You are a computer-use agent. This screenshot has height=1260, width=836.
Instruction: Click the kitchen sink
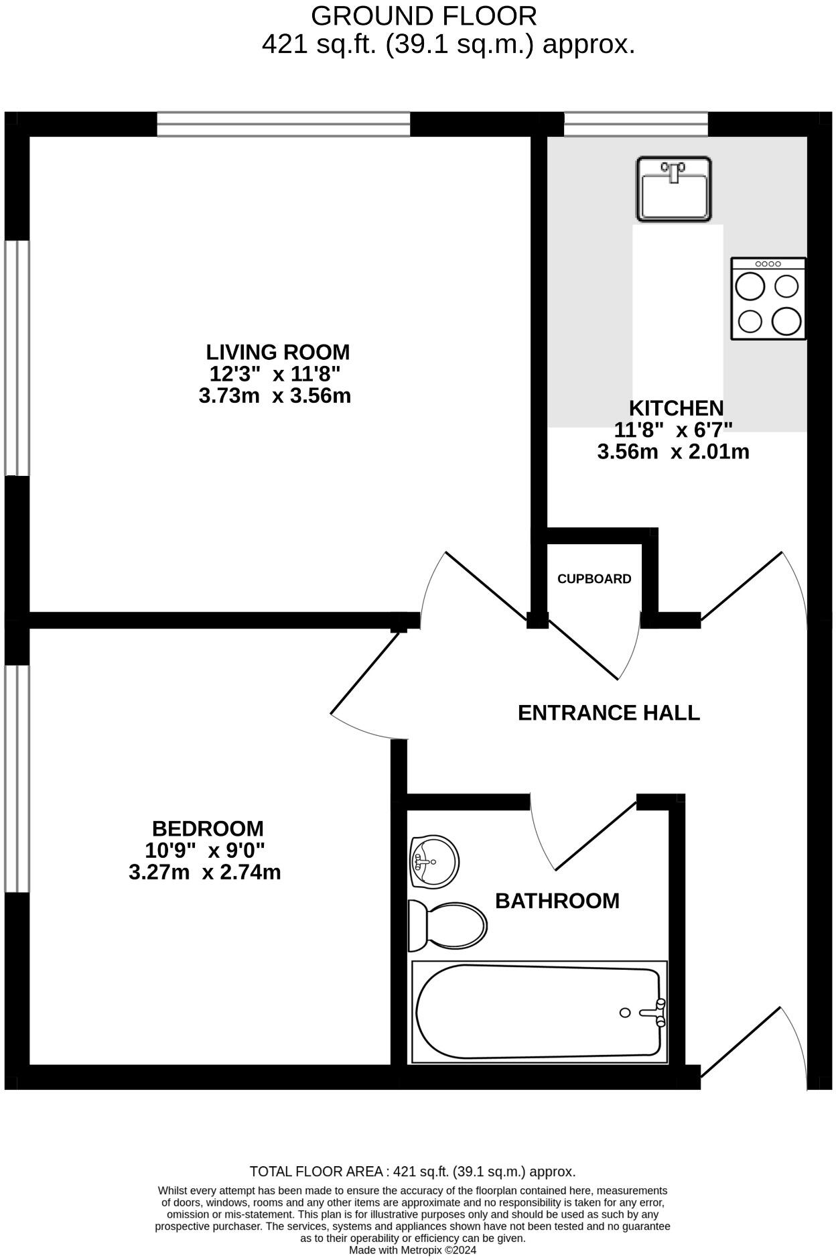(673, 189)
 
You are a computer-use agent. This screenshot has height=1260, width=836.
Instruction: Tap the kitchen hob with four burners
(768, 298)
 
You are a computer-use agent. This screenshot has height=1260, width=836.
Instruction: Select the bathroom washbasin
(434, 861)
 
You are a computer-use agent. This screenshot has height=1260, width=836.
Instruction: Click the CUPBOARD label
(594, 578)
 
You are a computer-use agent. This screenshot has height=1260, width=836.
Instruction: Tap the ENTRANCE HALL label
(608, 712)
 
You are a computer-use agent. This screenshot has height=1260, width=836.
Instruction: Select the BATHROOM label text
(557, 901)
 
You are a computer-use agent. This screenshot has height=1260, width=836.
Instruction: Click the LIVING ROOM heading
(277, 352)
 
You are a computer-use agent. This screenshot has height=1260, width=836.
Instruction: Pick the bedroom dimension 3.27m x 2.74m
(204, 872)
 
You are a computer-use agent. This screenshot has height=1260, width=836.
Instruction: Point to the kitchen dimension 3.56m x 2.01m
(673, 452)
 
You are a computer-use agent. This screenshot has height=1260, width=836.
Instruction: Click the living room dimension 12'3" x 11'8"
(275, 373)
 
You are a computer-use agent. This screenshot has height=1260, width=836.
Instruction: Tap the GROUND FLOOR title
(423, 16)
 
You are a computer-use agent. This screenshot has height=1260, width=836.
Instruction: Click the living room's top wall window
(283, 125)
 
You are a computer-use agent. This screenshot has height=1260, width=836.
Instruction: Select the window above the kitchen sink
(635, 124)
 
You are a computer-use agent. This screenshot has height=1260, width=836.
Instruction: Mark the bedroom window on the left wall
(17, 777)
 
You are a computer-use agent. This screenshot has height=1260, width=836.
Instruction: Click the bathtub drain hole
(625, 1013)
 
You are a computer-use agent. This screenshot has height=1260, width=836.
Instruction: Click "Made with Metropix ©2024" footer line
(412, 1250)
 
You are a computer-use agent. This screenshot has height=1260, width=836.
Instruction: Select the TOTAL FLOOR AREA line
(412, 1172)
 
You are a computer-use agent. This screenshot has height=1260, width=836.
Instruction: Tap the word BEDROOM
(208, 828)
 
